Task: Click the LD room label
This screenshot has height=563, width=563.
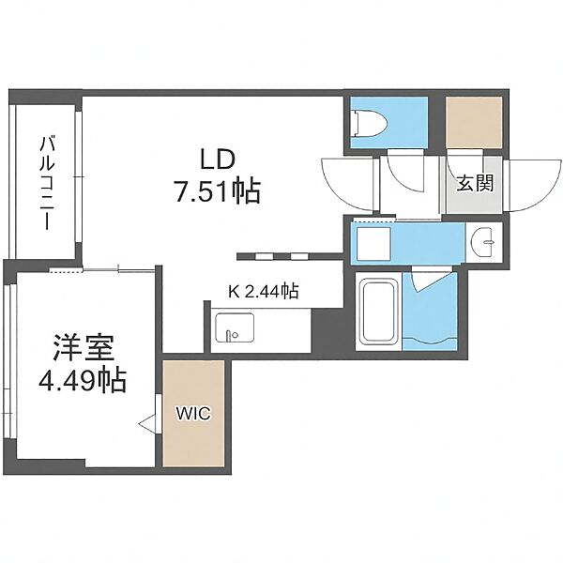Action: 218,160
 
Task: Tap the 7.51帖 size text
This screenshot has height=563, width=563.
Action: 218,191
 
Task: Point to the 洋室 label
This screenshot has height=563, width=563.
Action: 84,347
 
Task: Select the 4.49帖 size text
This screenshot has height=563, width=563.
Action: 83,380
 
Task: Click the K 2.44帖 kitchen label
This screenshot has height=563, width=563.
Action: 264,291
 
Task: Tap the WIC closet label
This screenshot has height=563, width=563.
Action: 193,414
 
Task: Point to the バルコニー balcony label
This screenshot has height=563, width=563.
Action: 48,182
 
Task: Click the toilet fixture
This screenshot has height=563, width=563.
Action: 370,123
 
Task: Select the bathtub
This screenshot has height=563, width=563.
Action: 379,312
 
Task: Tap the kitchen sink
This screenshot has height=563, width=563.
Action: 235,327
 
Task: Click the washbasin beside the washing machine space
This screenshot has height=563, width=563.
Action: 483,243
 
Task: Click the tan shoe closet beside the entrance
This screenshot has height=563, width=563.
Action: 474,122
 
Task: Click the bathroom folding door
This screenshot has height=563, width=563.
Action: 432,281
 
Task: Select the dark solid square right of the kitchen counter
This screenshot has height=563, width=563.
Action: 327,330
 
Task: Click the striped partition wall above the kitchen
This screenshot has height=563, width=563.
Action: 290,256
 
